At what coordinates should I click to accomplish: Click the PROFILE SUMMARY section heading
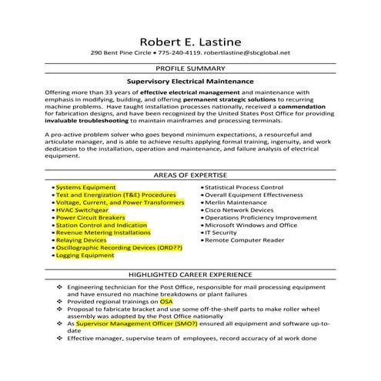[190, 69]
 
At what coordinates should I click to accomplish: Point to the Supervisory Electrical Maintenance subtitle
[190, 80]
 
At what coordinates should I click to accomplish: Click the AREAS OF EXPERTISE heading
[190, 175]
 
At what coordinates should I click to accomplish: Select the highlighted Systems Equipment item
[85, 187]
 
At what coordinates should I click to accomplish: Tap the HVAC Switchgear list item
[82, 209]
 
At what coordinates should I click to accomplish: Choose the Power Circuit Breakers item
[91, 218]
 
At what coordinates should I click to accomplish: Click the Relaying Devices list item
[81, 240]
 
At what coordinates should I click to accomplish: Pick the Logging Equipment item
[85, 256]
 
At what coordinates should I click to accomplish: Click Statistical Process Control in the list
[245, 187]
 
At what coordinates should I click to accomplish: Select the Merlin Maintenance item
[236, 202]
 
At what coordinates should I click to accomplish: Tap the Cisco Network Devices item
[239, 209]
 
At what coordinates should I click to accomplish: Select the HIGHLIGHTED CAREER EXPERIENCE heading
[190, 274]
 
